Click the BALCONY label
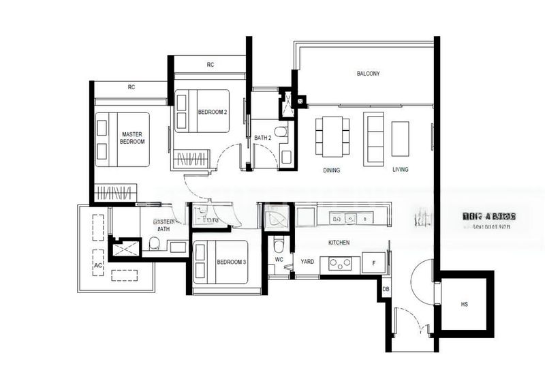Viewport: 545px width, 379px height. (x=368, y=74)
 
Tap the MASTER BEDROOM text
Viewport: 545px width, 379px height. (x=132, y=138)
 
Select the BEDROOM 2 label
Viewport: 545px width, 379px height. (x=212, y=112)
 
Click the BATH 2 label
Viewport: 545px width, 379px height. (x=263, y=138)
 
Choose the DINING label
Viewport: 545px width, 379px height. (x=332, y=170)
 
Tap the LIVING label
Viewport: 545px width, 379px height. (x=400, y=170)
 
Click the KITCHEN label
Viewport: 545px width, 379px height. (x=339, y=243)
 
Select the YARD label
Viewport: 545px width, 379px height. (x=307, y=261)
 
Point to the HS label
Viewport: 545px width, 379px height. (x=465, y=305)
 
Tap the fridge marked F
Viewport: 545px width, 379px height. (x=374, y=262)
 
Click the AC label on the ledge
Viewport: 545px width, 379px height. (x=97, y=264)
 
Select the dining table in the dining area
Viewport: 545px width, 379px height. (x=332, y=136)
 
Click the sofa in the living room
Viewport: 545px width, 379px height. (x=373, y=138)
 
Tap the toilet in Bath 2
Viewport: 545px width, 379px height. (x=281, y=132)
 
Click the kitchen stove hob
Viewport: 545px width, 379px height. (x=340, y=262)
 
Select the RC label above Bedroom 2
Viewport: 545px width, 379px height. (x=211, y=65)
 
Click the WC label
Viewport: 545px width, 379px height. (x=279, y=260)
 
